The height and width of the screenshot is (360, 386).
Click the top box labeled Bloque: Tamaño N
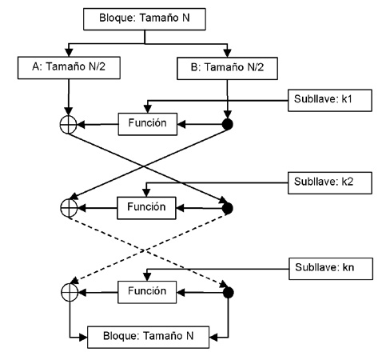pyautogui.click(x=145, y=19)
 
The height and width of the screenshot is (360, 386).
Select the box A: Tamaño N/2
pyautogui.click(x=69, y=68)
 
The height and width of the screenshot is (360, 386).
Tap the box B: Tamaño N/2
pyautogui.click(x=227, y=68)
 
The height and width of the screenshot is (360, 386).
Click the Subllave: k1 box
pyautogui.click(x=330, y=100)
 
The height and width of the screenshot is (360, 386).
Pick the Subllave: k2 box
pyautogui.click(x=330, y=183)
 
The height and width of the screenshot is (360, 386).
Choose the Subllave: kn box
pyautogui.click(x=331, y=269)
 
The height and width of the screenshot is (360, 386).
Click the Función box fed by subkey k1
pyautogui.click(x=148, y=124)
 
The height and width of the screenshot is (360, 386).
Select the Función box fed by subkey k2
pyautogui.click(x=146, y=208)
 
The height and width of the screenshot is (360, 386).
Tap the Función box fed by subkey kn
pyautogui.click(x=147, y=292)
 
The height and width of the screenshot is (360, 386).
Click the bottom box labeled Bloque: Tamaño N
pyautogui.click(x=148, y=337)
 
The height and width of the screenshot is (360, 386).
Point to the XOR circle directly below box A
pyautogui.click(x=68, y=124)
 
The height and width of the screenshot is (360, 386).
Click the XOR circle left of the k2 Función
pyautogui.click(x=69, y=208)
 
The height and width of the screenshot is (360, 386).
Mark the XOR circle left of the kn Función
pyautogui.click(x=70, y=293)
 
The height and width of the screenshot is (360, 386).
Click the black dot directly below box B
pyautogui.click(x=228, y=124)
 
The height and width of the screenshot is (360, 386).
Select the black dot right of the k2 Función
pyautogui.click(x=228, y=208)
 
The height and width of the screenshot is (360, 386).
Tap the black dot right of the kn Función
pyautogui.click(x=228, y=293)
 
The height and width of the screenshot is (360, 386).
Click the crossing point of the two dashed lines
pyautogui.click(x=143, y=250)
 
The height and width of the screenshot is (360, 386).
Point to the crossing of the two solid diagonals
pyautogui.click(x=144, y=166)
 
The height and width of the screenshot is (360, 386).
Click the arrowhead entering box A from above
pyautogui.click(x=69, y=53)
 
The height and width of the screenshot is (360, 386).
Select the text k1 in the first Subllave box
pyautogui.click(x=347, y=99)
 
